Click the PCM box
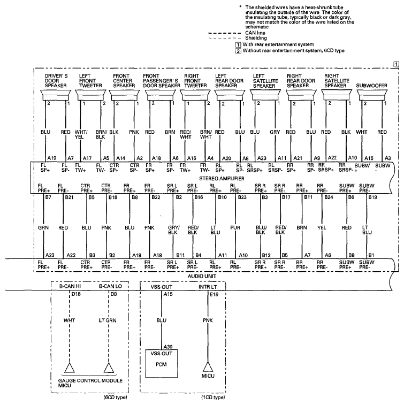162,363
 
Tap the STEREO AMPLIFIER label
222,179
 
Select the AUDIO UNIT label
202,277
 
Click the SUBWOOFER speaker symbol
372,95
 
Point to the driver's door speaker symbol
56,95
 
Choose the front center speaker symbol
124,95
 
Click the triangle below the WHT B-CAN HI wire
69,368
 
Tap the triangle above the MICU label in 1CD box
208,367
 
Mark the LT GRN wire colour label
108,320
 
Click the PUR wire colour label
235,228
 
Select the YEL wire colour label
322,228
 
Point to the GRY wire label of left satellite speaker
275,132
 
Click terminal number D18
76,294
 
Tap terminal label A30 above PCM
168,347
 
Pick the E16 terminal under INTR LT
214,294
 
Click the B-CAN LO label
110,286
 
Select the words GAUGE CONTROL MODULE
90,381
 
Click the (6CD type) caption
115,398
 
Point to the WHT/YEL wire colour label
81,134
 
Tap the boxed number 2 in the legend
238,51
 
